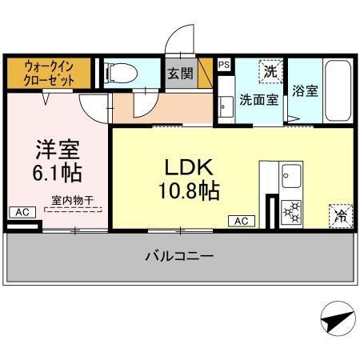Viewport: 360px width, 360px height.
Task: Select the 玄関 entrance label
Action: [x=179, y=74]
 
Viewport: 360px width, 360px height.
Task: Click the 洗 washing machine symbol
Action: [x=271, y=71]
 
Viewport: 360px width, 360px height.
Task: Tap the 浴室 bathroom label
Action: [x=305, y=90]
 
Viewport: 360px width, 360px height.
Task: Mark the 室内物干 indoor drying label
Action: [x=72, y=200]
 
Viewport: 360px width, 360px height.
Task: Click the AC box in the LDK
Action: [x=242, y=221]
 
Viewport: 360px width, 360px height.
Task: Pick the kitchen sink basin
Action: [x=290, y=174]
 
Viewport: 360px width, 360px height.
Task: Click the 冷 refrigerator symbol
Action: [x=339, y=214]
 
